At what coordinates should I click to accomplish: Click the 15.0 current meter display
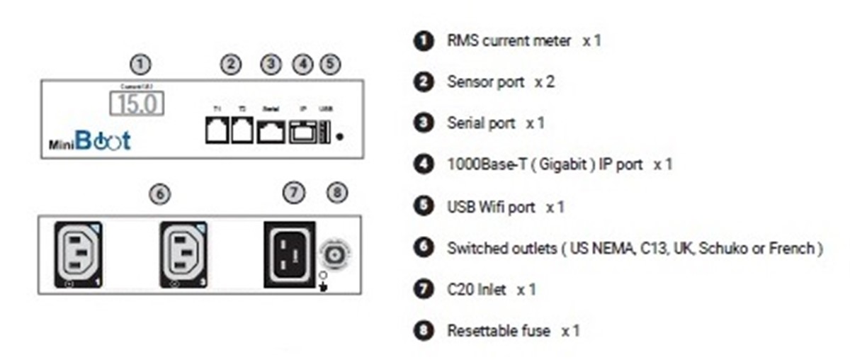click(x=137, y=103)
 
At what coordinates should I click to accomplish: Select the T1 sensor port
click(x=217, y=131)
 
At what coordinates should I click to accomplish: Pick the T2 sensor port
click(x=242, y=131)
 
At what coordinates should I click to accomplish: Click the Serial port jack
click(x=270, y=131)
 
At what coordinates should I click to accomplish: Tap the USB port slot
click(x=326, y=132)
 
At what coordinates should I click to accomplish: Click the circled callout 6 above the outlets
click(x=161, y=193)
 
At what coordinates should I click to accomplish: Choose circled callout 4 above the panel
click(x=302, y=64)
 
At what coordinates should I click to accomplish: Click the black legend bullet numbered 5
click(x=423, y=206)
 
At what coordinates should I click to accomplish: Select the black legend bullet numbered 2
click(x=423, y=82)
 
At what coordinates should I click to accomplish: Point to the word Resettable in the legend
click(x=480, y=331)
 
